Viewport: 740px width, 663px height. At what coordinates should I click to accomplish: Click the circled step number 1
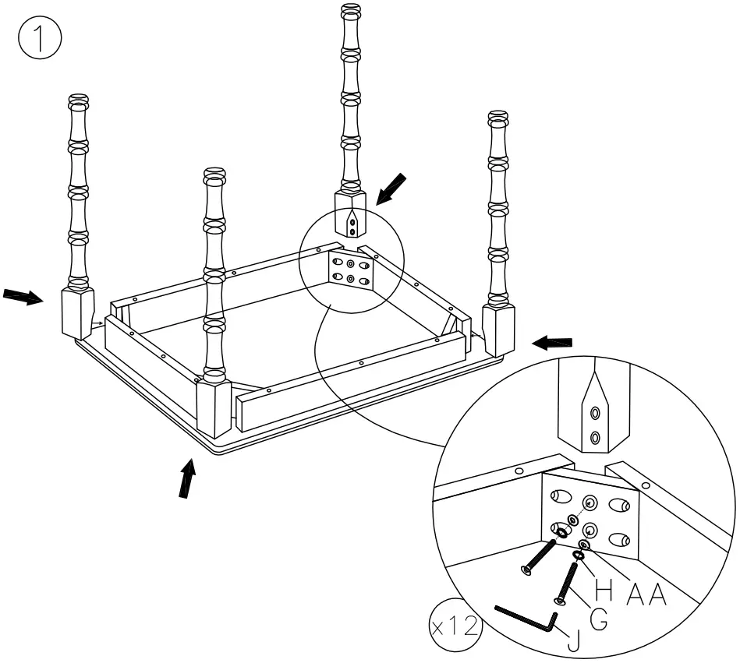tap(37, 40)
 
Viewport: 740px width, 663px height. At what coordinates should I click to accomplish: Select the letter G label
tap(599, 618)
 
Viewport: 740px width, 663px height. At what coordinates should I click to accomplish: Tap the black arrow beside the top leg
tap(391, 189)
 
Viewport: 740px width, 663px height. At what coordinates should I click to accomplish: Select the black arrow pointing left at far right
tap(552, 342)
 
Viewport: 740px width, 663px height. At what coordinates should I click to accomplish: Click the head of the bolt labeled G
tap(559, 601)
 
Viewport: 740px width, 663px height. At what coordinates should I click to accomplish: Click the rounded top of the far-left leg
tap(78, 102)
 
